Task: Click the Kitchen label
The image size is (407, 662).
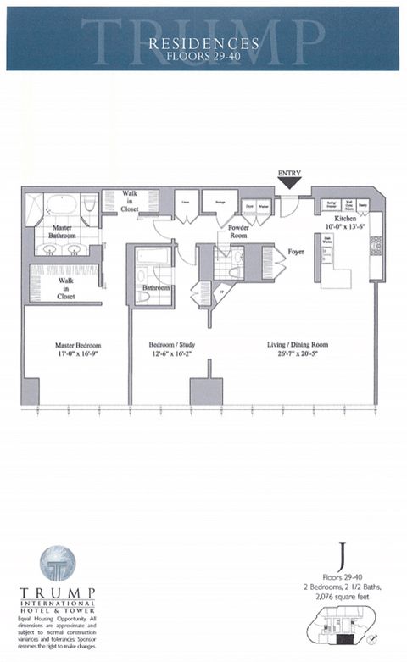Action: coord(337,218)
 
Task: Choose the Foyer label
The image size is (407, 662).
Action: coord(295,251)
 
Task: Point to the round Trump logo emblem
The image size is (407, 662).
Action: coord(58,564)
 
